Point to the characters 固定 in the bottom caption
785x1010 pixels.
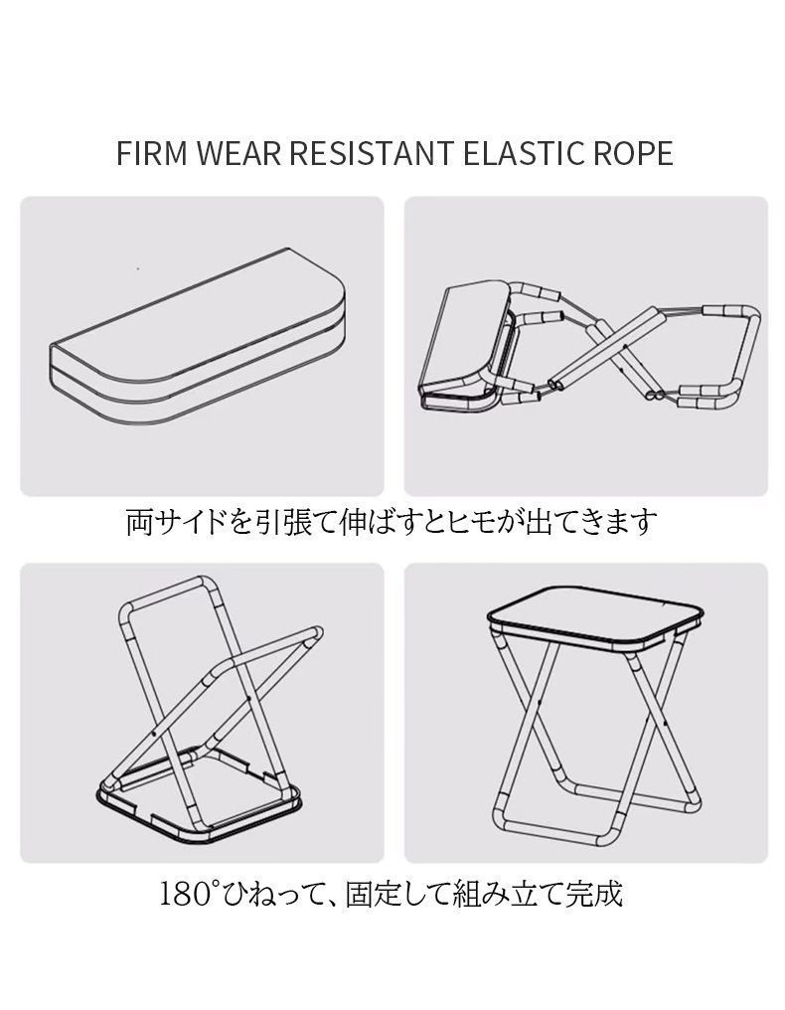tap(373, 894)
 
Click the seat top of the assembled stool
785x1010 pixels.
tap(594, 617)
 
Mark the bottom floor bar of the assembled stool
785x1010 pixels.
tap(549, 832)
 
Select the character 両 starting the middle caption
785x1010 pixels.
tap(139, 522)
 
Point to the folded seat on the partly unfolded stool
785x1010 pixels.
tap(465, 348)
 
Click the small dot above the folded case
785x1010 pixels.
tap(138, 268)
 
